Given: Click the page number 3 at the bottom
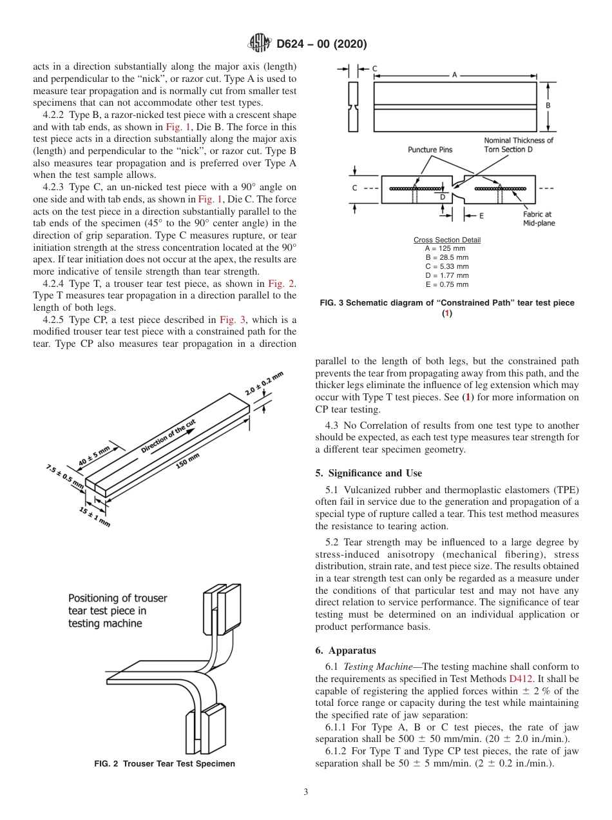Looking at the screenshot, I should pyautogui.click(x=305, y=792).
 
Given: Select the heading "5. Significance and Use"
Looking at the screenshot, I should pyautogui.click(x=368, y=473).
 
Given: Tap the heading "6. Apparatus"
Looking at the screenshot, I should pyautogui.click(x=345, y=650).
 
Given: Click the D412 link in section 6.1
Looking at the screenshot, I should pyautogui.click(x=520, y=679).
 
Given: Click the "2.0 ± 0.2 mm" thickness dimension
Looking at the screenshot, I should pyautogui.click(x=264, y=384).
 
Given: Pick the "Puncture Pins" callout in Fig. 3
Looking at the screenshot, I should pyautogui.click(x=430, y=150).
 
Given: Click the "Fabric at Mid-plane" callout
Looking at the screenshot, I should pyautogui.click(x=539, y=219).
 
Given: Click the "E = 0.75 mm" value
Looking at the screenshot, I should pyautogui.click(x=446, y=284).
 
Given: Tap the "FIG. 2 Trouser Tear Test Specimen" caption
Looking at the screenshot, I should pyautogui.click(x=164, y=764).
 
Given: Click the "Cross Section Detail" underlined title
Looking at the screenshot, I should pyautogui.click(x=446, y=240).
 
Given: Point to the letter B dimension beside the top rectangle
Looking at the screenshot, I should pyautogui.click(x=548, y=104).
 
